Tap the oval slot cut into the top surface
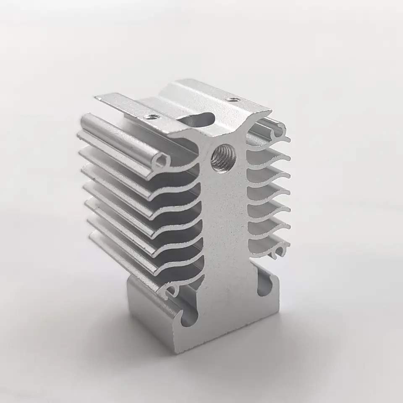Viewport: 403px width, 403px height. click(x=197, y=118)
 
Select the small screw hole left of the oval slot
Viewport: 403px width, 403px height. click(x=151, y=116)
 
